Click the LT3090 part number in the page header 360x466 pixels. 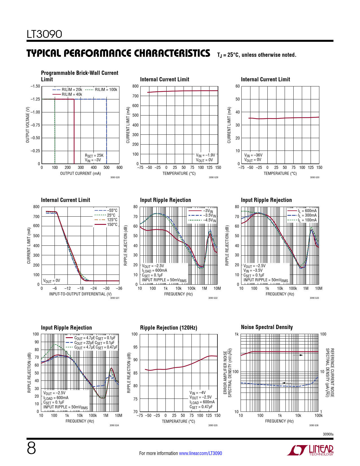click(x=44, y=34)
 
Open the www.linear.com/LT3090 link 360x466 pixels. click(x=200, y=453)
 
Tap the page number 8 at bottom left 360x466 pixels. click(x=31, y=448)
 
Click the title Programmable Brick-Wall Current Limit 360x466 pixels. click(x=79, y=76)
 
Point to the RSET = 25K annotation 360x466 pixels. click(x=94, y=155)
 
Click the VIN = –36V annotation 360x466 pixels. click(x=253, y=155)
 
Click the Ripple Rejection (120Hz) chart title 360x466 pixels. click(x=169, y=328)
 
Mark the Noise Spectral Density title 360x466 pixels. click(x=267, y=327)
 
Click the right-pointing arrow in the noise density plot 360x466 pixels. click(x=298, y=355)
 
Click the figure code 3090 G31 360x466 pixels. click(x=115, y=298)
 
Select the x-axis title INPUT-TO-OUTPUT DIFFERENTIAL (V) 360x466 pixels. click(x=80, y=294)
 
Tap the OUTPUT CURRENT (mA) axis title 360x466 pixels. click(x=80, y=173)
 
